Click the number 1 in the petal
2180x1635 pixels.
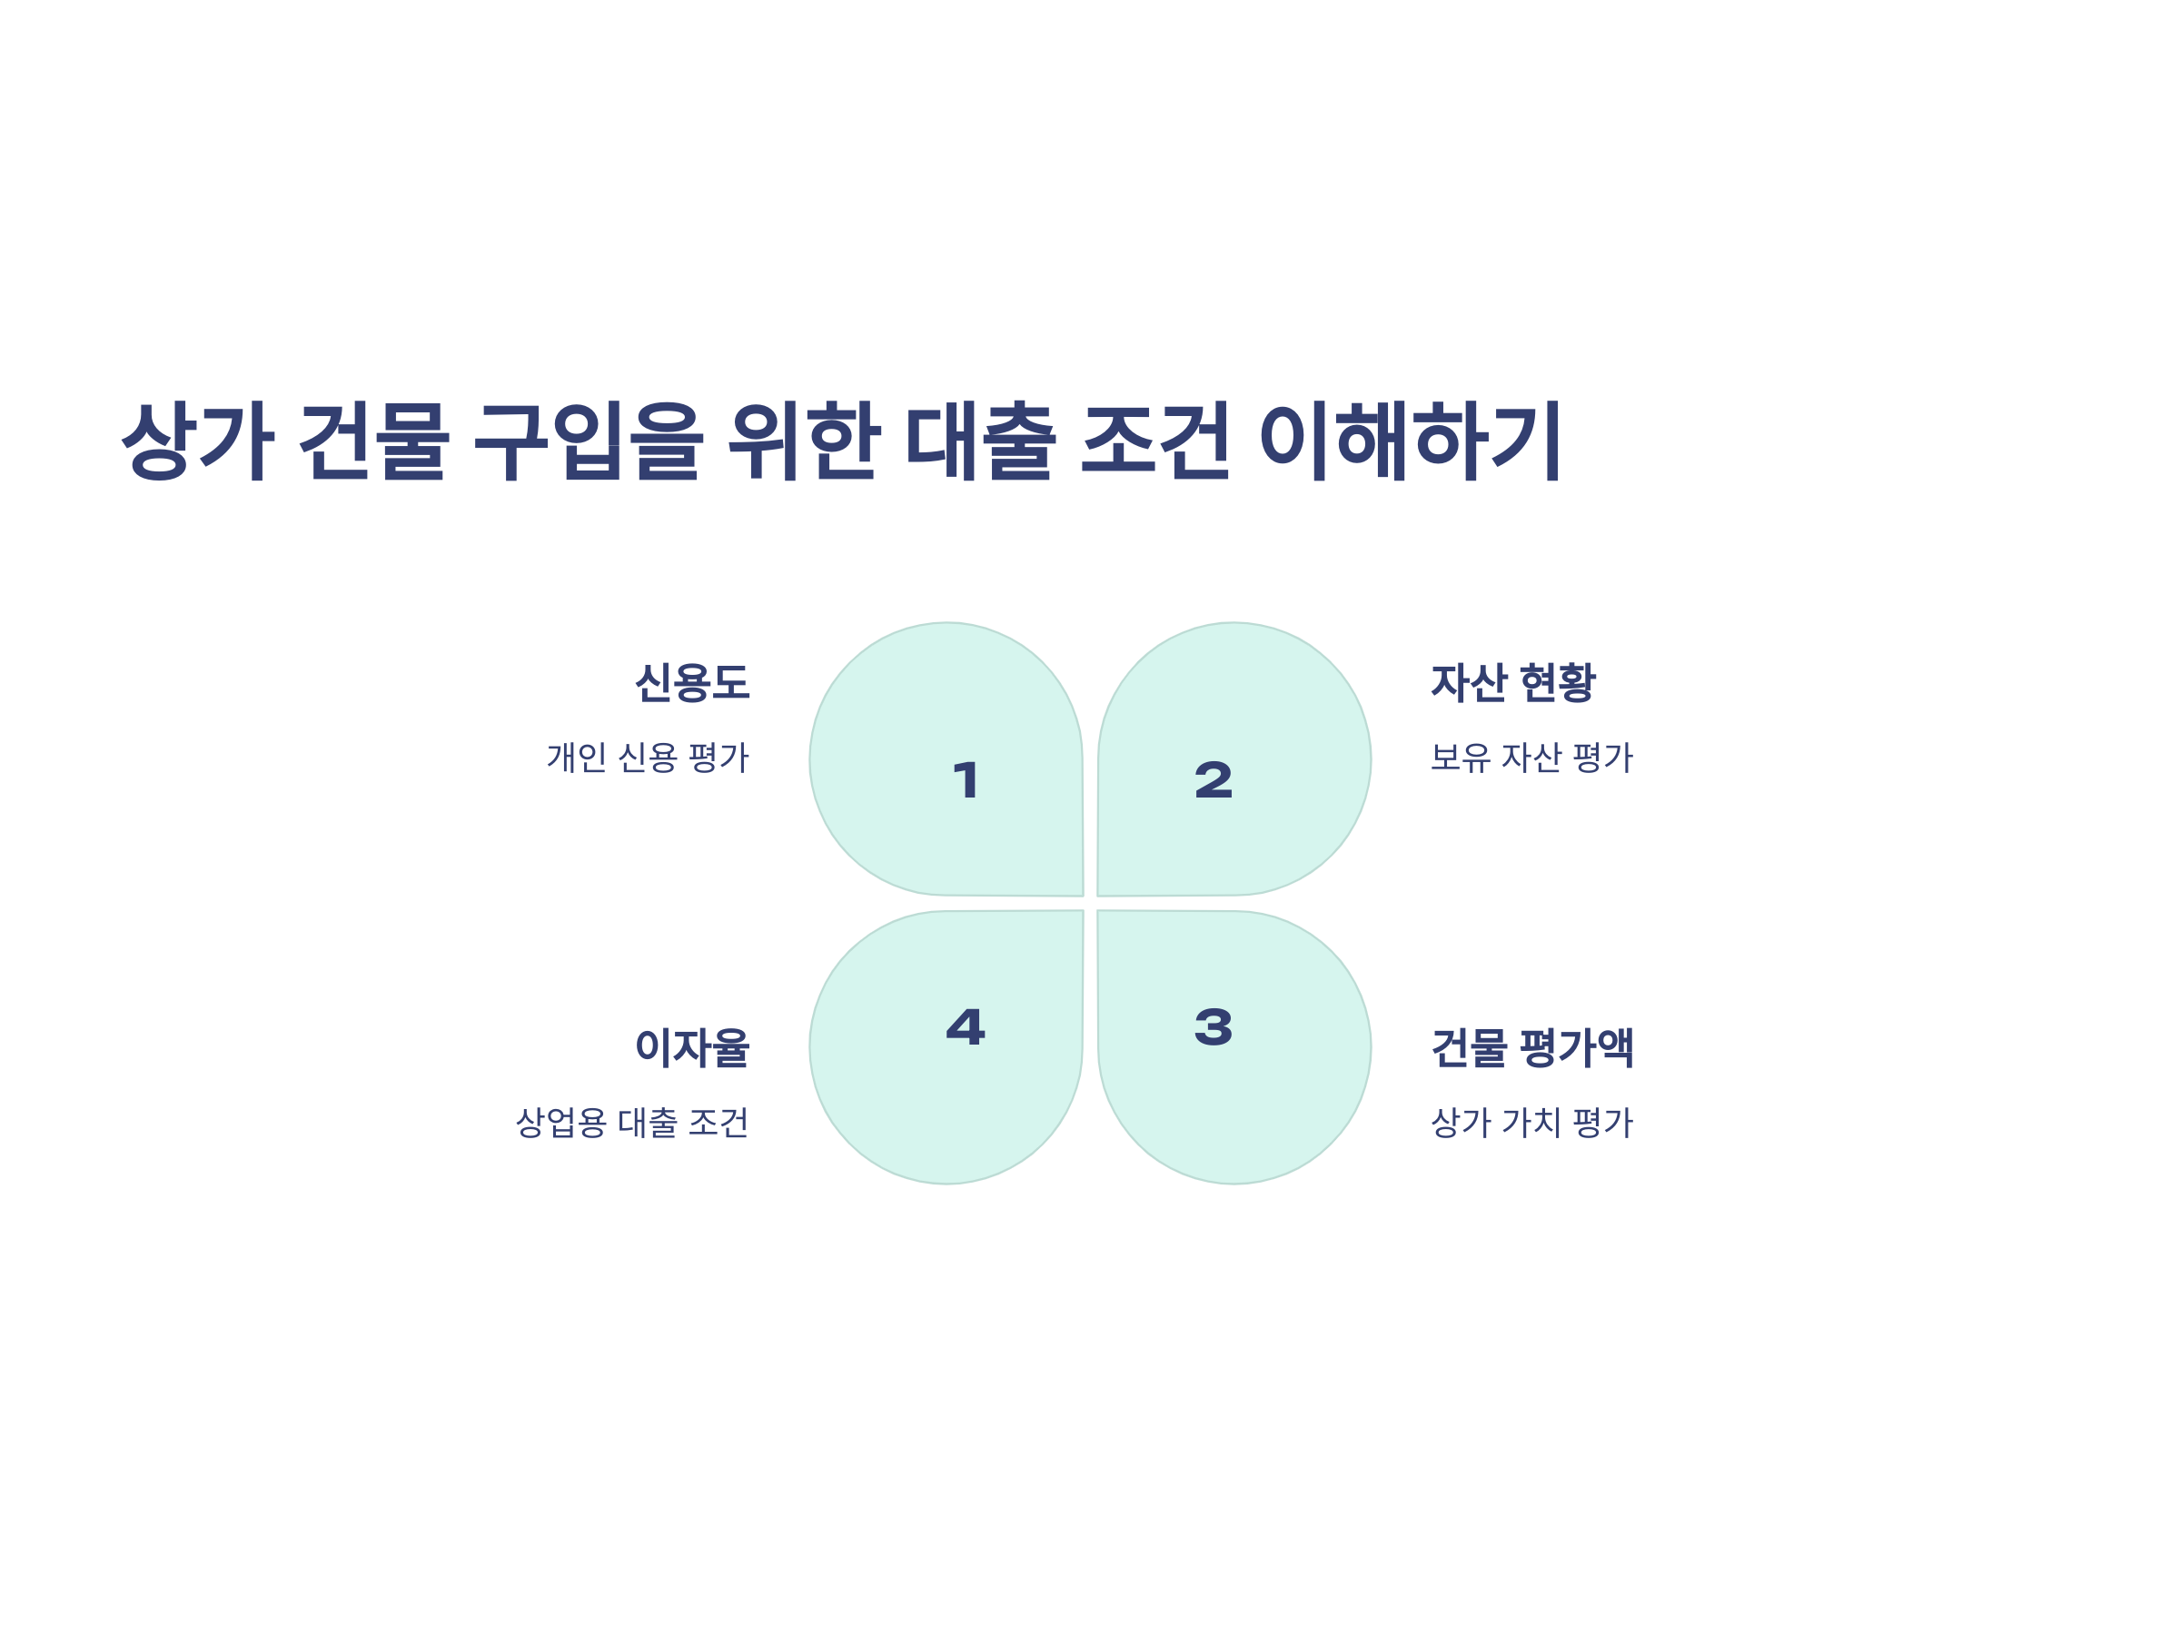[966, 780]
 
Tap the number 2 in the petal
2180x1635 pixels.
[1214, 780]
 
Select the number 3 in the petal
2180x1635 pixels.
[1214, 1027]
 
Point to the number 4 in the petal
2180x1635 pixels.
[966, 1027]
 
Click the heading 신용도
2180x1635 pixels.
[692, 683]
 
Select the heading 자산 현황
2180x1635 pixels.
[1512, 683]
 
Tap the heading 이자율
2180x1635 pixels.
[692, 1047]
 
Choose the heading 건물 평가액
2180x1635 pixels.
[1532, 1047]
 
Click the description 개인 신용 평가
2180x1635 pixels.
[648, 758]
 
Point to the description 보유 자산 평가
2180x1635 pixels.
[1532, 758]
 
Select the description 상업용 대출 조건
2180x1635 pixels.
[631, 1123]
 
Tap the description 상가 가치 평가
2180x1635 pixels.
[1532, 1123]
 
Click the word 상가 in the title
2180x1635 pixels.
[196, 441]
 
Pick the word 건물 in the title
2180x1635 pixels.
[373, 441]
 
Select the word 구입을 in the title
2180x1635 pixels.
[589, 441]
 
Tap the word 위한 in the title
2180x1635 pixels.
[802, 441]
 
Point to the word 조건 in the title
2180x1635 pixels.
[1155, 441]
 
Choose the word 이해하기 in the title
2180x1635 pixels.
[1411, 441]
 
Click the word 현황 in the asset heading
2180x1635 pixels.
[1557, 683]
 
